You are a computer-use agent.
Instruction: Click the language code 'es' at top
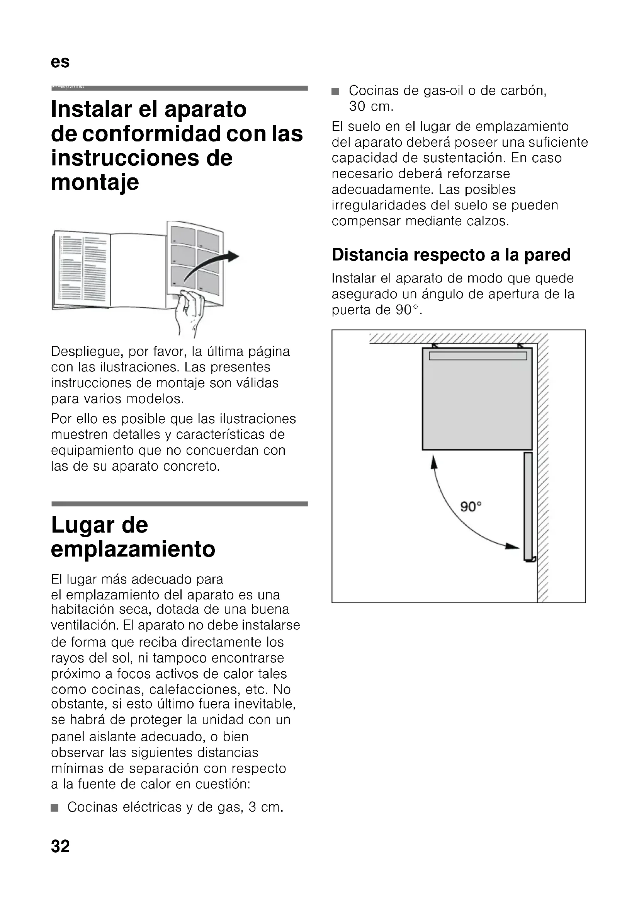[60, 62]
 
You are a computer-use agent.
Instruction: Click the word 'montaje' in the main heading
[95, 182]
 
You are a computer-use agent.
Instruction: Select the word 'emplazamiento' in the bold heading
[133, 549]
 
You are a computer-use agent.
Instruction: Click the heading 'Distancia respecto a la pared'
[451, 255]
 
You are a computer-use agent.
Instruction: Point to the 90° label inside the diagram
[471, 506]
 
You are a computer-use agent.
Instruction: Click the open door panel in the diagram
[528, 506]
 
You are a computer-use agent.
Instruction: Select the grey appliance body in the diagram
[477, 402]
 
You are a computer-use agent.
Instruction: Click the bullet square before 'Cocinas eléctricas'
[55, 808]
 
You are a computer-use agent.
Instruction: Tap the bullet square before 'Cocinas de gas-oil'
[335, 92]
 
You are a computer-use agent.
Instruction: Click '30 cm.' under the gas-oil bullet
[371, 106]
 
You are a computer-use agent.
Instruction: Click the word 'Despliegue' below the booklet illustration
[86, 351]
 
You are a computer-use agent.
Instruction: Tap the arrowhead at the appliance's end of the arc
[434, 462]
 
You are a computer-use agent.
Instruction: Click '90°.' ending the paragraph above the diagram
[409, 310]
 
